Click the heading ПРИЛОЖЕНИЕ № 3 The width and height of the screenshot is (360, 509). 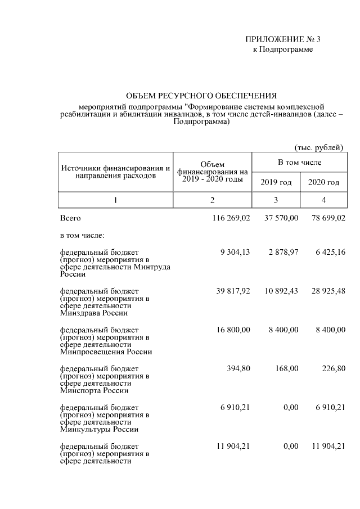(282, 39)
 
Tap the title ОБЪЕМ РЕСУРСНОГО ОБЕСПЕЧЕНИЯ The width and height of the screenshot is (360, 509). (201, 96)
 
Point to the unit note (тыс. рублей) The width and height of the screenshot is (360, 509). (319, 147)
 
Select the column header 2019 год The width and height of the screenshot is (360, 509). (276, 182)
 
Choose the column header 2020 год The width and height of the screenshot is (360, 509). (323, 182)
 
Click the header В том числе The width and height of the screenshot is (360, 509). (299, 163)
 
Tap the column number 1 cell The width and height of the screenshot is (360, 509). (116, 200)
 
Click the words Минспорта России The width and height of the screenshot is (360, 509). (94, 390)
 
